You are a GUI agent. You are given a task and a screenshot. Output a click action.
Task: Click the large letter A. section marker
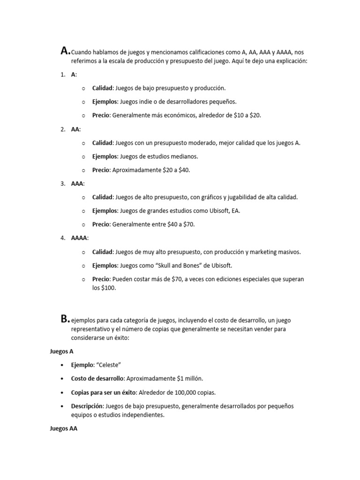click(x=66, y=51)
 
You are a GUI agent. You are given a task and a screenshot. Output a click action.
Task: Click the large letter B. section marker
click(x=65, y=319)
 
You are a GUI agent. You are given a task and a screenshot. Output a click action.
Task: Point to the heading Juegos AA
click(x=63, y=428)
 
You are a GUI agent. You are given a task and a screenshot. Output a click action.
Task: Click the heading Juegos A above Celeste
click(x=61, y=351)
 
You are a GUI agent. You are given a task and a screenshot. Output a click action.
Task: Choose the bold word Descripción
click(x=88, y=405)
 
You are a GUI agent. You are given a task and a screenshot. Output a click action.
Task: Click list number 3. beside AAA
click(x=62, y=184)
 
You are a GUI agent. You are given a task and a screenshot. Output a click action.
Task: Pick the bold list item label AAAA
click(x=79, y=238)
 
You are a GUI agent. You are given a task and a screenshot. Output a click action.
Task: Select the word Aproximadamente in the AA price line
click(x=134, y=170)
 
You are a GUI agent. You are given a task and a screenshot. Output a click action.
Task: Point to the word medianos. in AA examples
click(x=185, y=157)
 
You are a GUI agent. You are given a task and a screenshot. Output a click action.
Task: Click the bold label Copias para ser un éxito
click(x=104, y=392)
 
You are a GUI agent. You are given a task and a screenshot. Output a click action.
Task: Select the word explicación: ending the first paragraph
click(x=290, y=60)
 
